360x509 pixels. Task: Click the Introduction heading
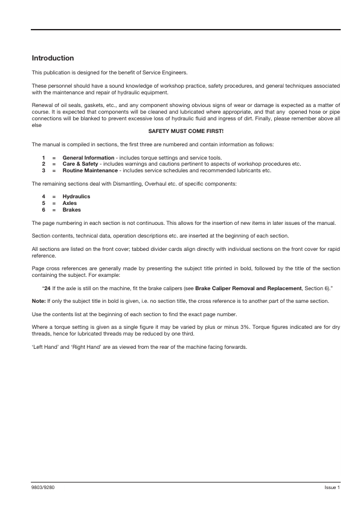pyautogui.click(x=53, y=59)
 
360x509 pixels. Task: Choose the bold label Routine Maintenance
pyautogui.click(x=91, y=170)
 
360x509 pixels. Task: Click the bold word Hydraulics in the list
pyautogui.click(x=76, y=197)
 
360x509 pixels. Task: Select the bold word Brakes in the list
pyautogui.click(x=72, y=210)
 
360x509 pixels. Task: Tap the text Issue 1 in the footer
pyautogui.click(x=332, y=487)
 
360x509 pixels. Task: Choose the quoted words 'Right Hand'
pyautogui.click(x=81, y=347)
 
